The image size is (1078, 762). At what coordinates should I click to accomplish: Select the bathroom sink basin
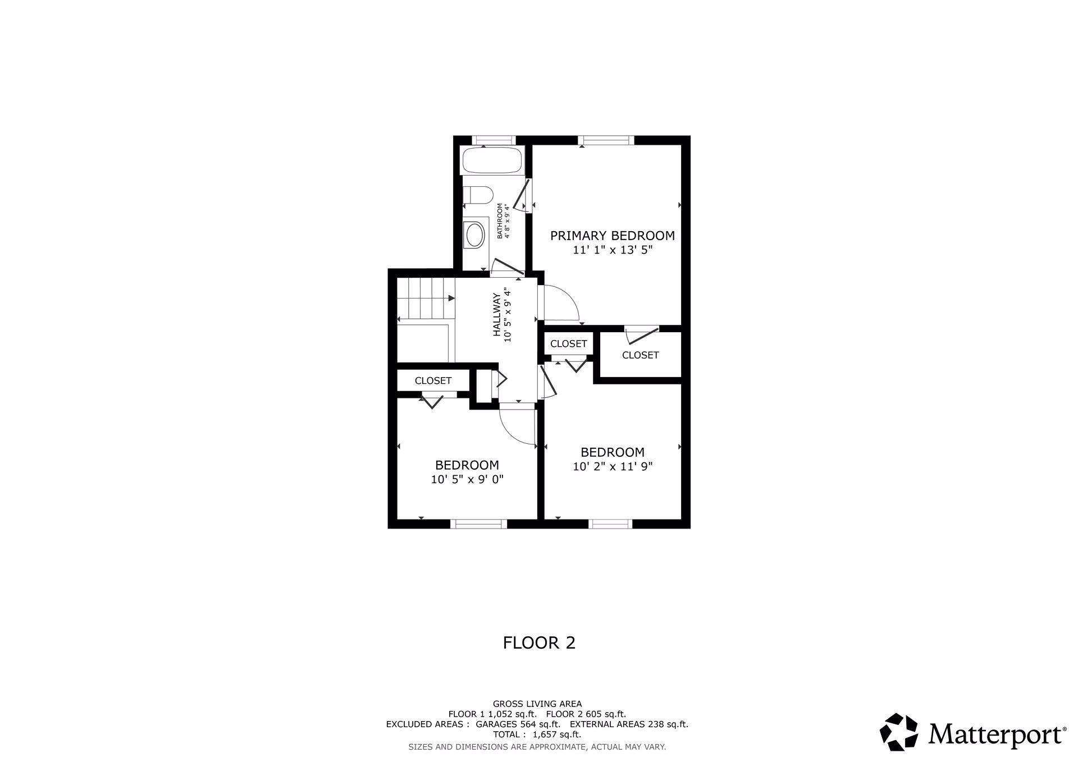475,235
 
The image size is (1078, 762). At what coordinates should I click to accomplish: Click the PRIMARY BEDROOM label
612,236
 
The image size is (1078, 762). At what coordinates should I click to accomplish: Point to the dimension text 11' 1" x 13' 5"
613,250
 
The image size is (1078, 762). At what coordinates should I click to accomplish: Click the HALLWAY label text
497,315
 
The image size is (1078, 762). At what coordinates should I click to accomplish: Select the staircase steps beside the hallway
426,299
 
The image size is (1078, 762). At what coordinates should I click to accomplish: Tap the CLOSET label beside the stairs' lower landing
433,380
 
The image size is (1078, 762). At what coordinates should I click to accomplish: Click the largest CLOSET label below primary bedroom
640,355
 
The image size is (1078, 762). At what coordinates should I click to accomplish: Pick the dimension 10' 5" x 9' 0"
467,480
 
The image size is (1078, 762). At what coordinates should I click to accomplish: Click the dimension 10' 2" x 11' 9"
613,466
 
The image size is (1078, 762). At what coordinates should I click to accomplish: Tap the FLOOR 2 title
539,642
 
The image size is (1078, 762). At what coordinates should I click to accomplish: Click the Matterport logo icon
898,732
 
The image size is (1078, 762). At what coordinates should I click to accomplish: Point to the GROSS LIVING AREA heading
537,704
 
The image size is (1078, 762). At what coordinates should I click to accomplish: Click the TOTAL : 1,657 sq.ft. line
537,735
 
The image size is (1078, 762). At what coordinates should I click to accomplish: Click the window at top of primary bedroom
606,140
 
